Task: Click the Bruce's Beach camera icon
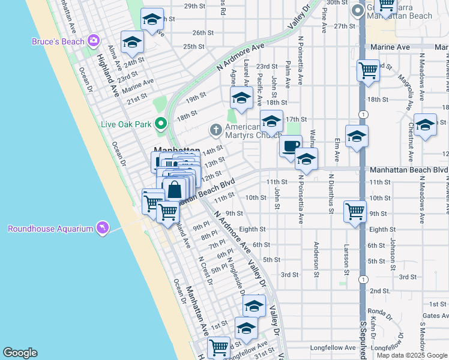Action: (x=93, y=41)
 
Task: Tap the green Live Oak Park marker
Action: (x=160, y=124)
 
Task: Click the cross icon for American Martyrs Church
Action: (x=215, y=130)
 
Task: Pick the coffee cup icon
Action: (x=291, y=146)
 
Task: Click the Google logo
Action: (x=20, y=353)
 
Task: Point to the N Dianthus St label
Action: (x=331, y=193)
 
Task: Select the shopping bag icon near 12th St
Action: (x=173, y=189)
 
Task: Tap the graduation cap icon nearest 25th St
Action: (x=131, y=41)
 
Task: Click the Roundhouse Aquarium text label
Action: (x=50, y=229)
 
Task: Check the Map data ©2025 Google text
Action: (x=411, y=355)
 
